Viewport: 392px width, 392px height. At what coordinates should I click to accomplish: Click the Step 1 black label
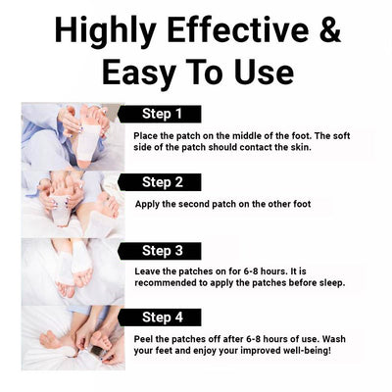click(160, 114)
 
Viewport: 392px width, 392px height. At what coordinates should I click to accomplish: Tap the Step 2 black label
click(160, 182)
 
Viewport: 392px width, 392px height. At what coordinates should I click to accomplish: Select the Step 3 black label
click(160, 251)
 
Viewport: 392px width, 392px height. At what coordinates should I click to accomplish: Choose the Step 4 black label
click(160, 318)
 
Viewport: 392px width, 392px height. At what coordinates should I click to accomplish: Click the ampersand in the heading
click(328, 29)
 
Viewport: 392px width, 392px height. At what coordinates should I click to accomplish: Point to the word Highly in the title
click(105, 31)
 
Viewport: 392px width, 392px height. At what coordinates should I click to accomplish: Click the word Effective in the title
click(238, 29)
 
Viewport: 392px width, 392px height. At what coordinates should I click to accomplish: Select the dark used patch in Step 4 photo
click(98, 351)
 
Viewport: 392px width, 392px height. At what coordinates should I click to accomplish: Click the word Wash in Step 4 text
click(334, 339)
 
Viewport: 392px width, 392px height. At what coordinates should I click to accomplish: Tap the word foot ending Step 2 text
click(301, 204)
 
